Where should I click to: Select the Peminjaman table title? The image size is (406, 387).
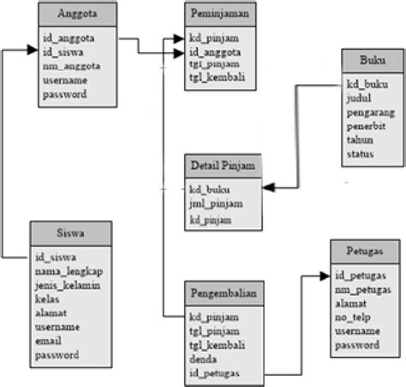point(220,15)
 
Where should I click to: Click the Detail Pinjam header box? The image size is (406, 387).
point(221,166)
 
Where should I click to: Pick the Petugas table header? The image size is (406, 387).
point(363,252)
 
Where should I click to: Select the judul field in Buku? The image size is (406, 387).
point(359,99)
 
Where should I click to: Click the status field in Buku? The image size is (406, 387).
point(360,153)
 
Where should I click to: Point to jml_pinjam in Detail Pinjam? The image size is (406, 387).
point(214,203)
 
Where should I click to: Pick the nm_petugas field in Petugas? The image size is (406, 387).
point(362,289)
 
